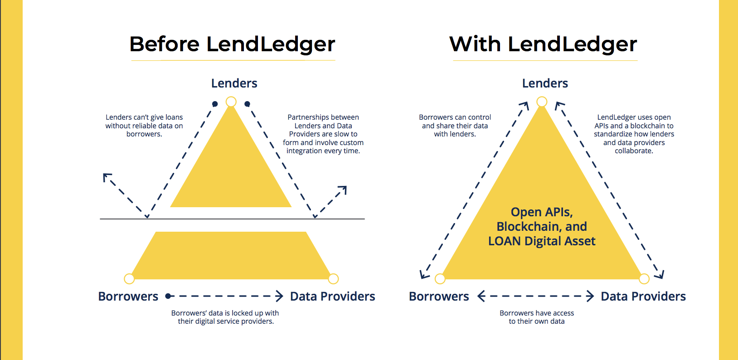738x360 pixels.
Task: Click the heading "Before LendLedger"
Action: [x=232, y=44]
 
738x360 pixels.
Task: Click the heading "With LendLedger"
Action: [x=543, y=44]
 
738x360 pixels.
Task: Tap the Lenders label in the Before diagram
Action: [x=234, y=83]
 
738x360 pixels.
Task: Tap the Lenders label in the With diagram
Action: [x=545, y=83]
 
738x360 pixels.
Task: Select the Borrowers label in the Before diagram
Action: [x=128, y=297]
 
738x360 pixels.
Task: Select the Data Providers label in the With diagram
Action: [x=643, y=297]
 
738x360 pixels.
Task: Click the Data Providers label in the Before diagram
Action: [x=332, y=297]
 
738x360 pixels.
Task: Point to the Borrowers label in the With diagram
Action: [x=439, y=297]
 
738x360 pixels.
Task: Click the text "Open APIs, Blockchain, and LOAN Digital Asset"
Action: [x=542, y=227]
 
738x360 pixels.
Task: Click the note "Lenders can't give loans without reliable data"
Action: [x=144, y=126]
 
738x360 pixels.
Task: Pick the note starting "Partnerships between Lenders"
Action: [x=323, y=134]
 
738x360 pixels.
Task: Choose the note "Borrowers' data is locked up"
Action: [x=225, y=317]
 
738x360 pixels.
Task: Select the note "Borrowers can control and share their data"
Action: [x=455, y=126]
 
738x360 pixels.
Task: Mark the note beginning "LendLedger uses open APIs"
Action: [x=634, y=134]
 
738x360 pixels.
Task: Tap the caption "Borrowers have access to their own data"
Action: [x=537, y=317]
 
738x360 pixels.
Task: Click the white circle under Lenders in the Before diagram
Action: [x=231, y=102]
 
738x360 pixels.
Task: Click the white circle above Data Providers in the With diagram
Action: [x=644, y=278]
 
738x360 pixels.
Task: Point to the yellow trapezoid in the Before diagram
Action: [x=231, y=256]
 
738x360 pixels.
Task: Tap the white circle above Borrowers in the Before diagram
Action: [x=129, y=278]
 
